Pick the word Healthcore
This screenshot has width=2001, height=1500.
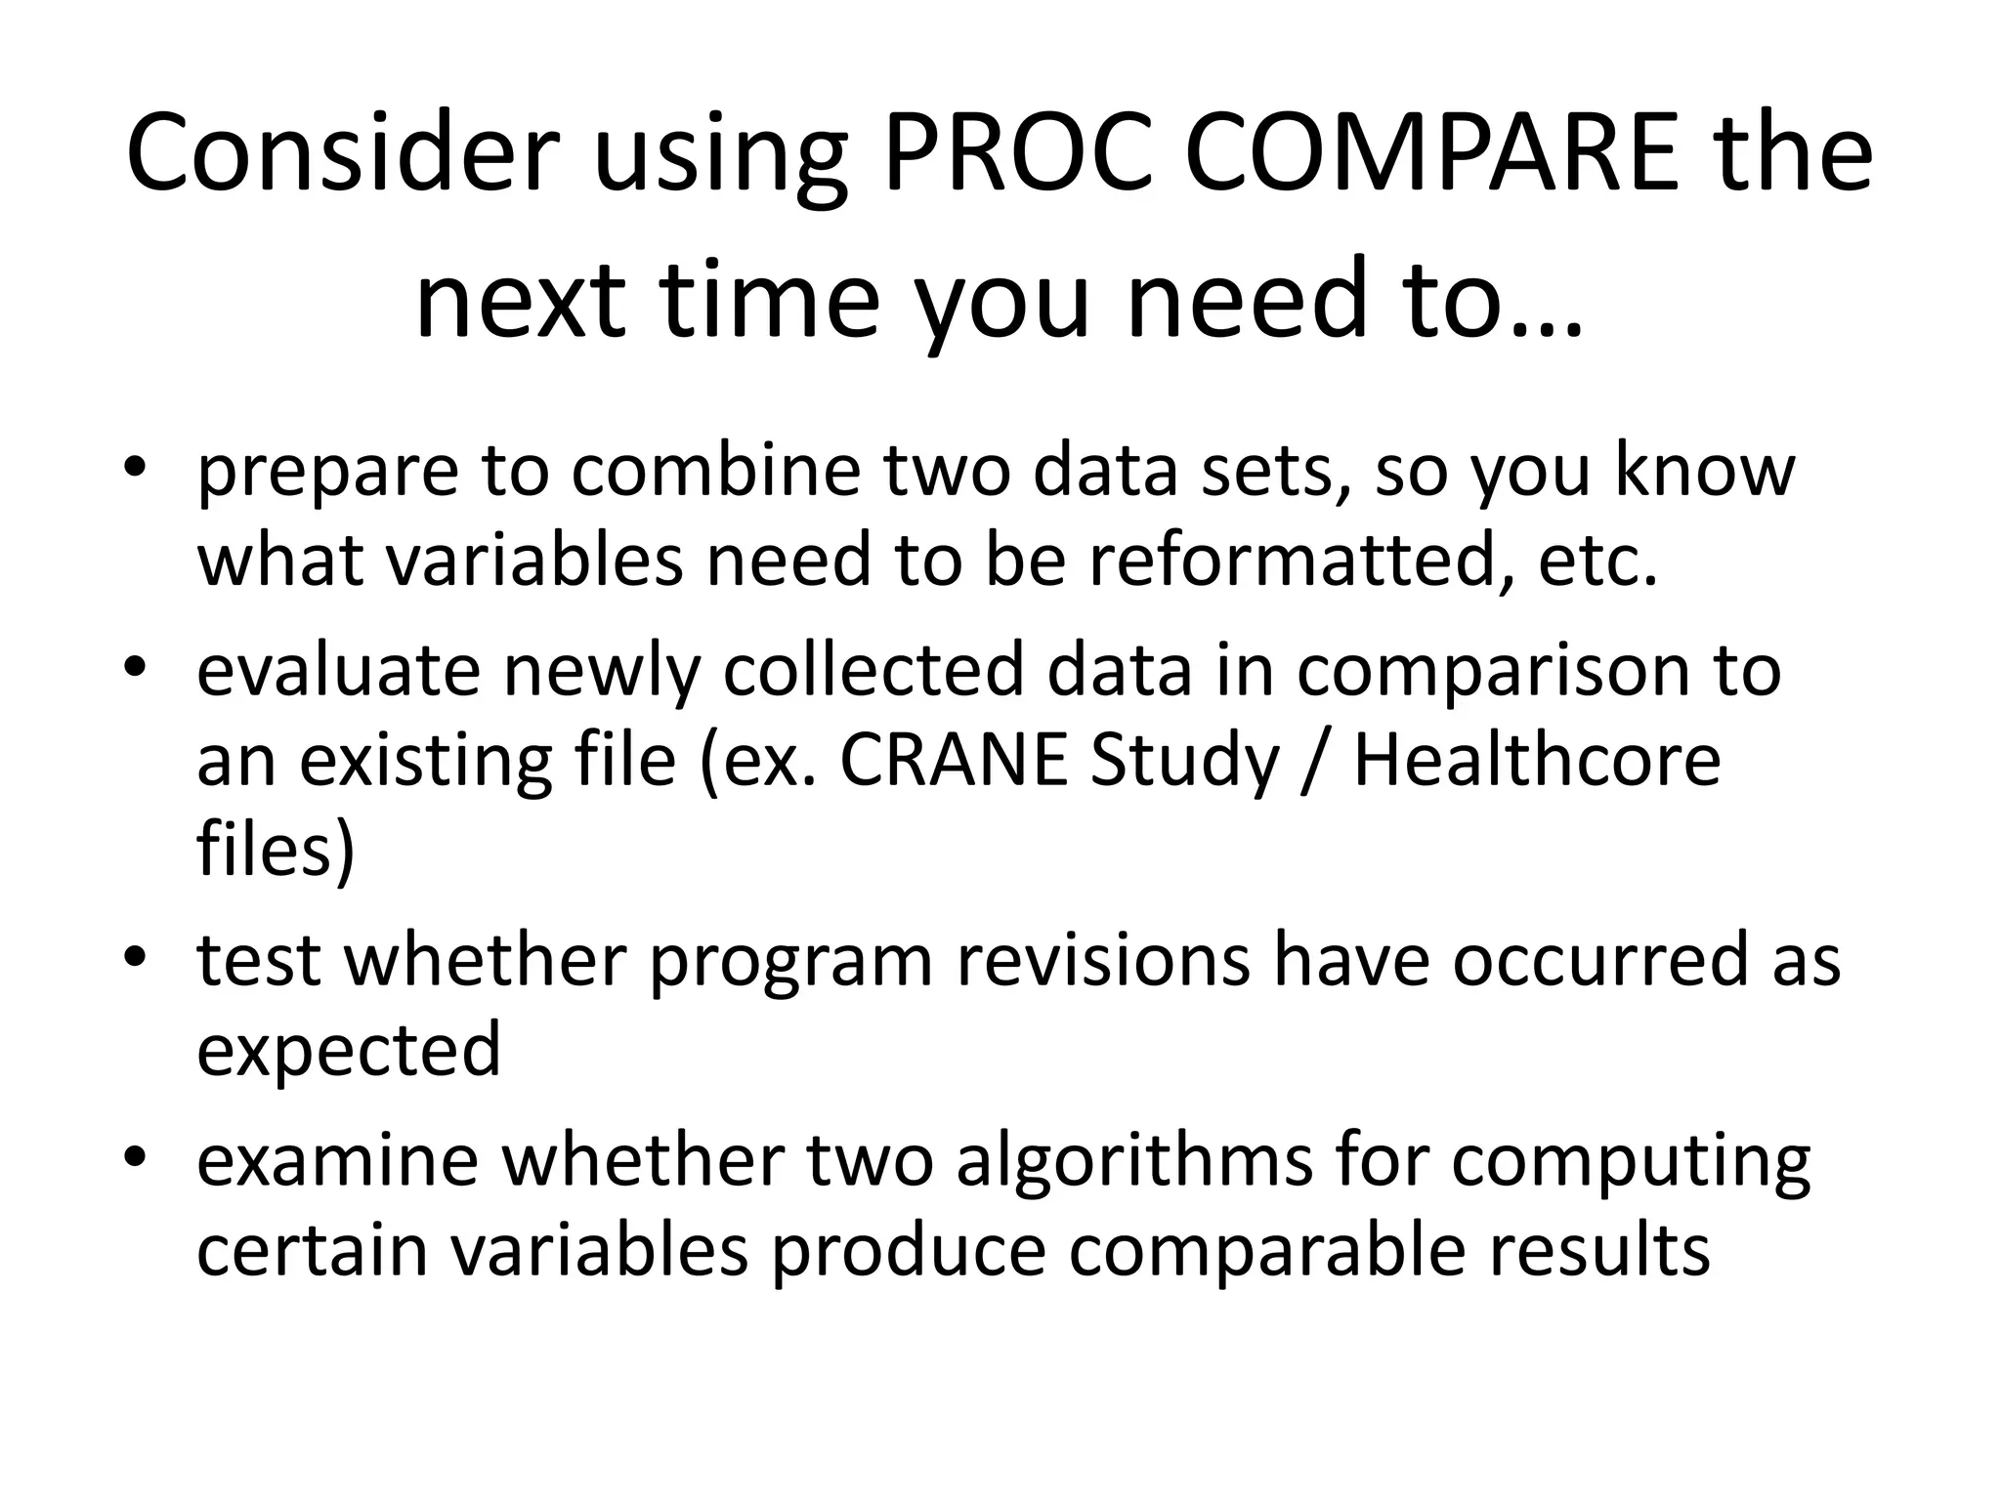pos(1537,760)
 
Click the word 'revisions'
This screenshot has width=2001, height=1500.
pos(1103,959)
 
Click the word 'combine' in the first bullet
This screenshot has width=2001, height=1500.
pos(716,469)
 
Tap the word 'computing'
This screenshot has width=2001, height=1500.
pos(1631,1162)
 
